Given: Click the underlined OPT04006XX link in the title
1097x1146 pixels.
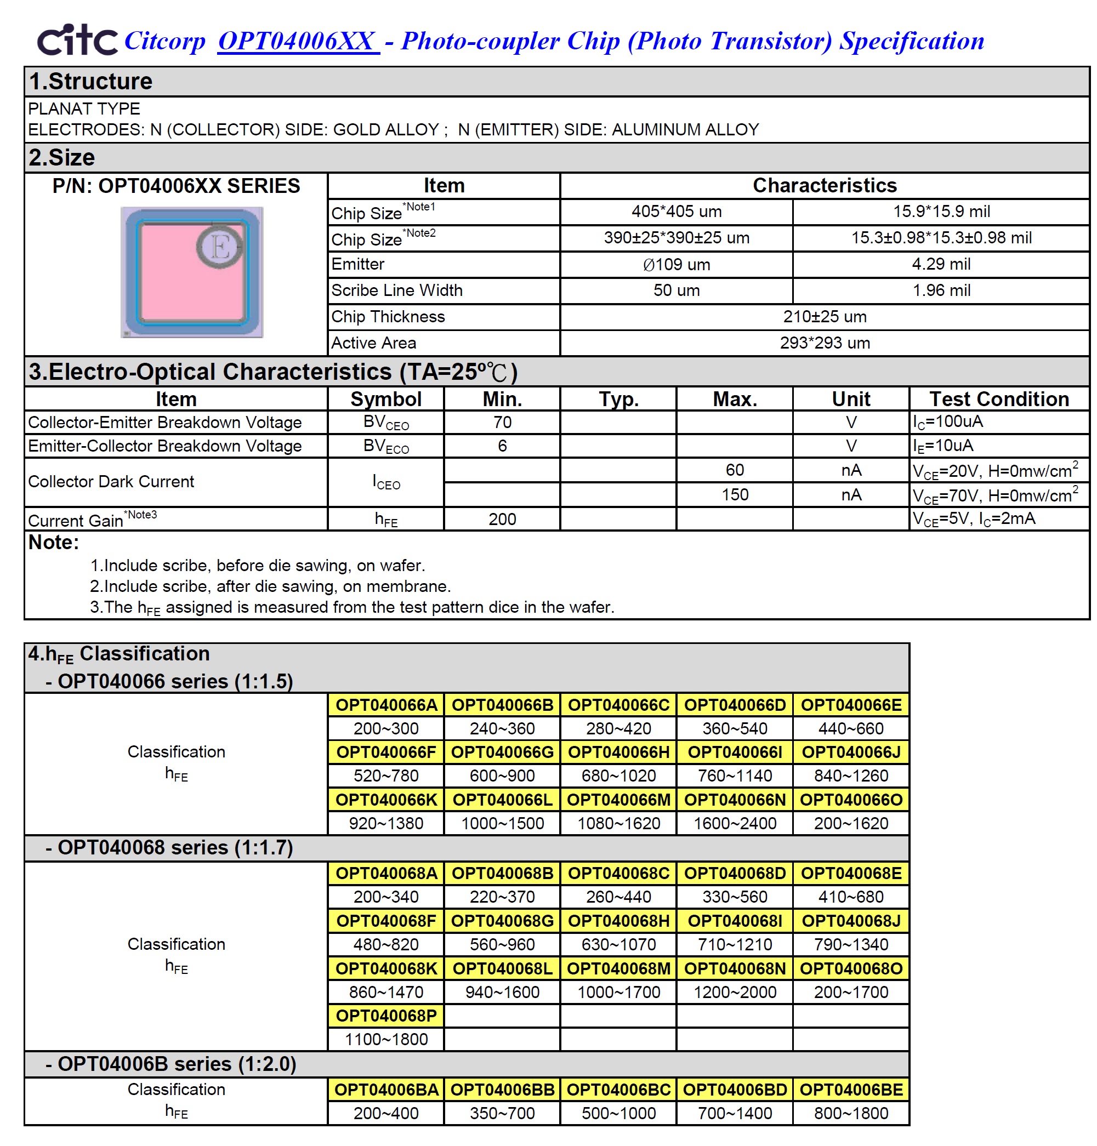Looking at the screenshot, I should pos(298,41).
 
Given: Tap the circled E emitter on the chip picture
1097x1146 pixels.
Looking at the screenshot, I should pos(219,246).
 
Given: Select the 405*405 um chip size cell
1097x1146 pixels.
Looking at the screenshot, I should pos(676,212).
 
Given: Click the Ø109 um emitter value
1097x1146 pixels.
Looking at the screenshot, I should pos(676,264).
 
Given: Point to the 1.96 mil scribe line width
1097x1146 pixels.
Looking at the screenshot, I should pos(941,290).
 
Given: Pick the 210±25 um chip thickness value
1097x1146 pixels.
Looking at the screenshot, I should pos(824,316).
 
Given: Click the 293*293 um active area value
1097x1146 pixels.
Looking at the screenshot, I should pos(824,343).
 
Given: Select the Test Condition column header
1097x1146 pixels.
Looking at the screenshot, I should pos(999,399).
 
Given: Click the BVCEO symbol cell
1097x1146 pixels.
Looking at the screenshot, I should pos(385,422).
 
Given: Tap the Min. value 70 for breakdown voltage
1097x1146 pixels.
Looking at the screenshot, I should pos(502,422).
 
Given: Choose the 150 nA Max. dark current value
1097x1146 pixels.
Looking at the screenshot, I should pos(735,495).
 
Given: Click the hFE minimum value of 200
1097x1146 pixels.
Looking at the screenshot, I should pos(502,519).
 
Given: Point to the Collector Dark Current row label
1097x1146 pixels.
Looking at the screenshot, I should pos(111,482).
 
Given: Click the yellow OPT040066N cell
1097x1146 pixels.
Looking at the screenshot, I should pos(735,799).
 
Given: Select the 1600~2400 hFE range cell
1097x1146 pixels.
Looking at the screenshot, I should pos(735,823).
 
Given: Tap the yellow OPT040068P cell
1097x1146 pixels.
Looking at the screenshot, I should pos(386,1016).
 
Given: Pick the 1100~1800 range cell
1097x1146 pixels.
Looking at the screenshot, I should pos(386,1039).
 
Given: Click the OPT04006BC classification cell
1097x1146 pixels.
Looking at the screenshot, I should pos(618,1090).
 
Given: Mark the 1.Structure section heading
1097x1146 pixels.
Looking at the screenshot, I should pos(90,81).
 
